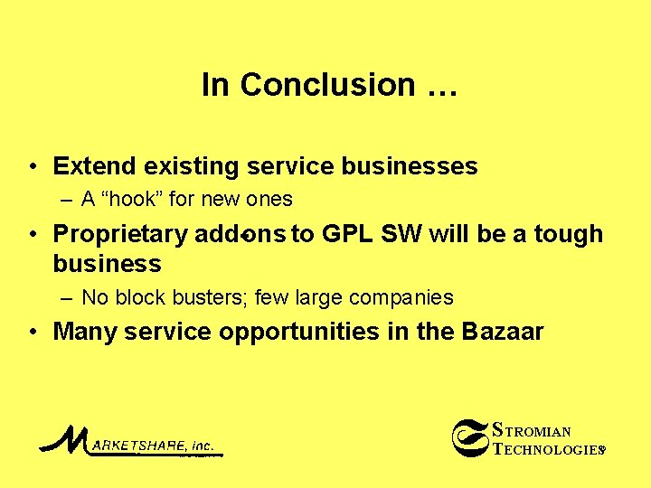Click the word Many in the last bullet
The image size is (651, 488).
coord(86,332)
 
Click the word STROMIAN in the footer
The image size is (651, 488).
coord(533,430)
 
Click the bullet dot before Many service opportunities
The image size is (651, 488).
coord(33,332)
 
